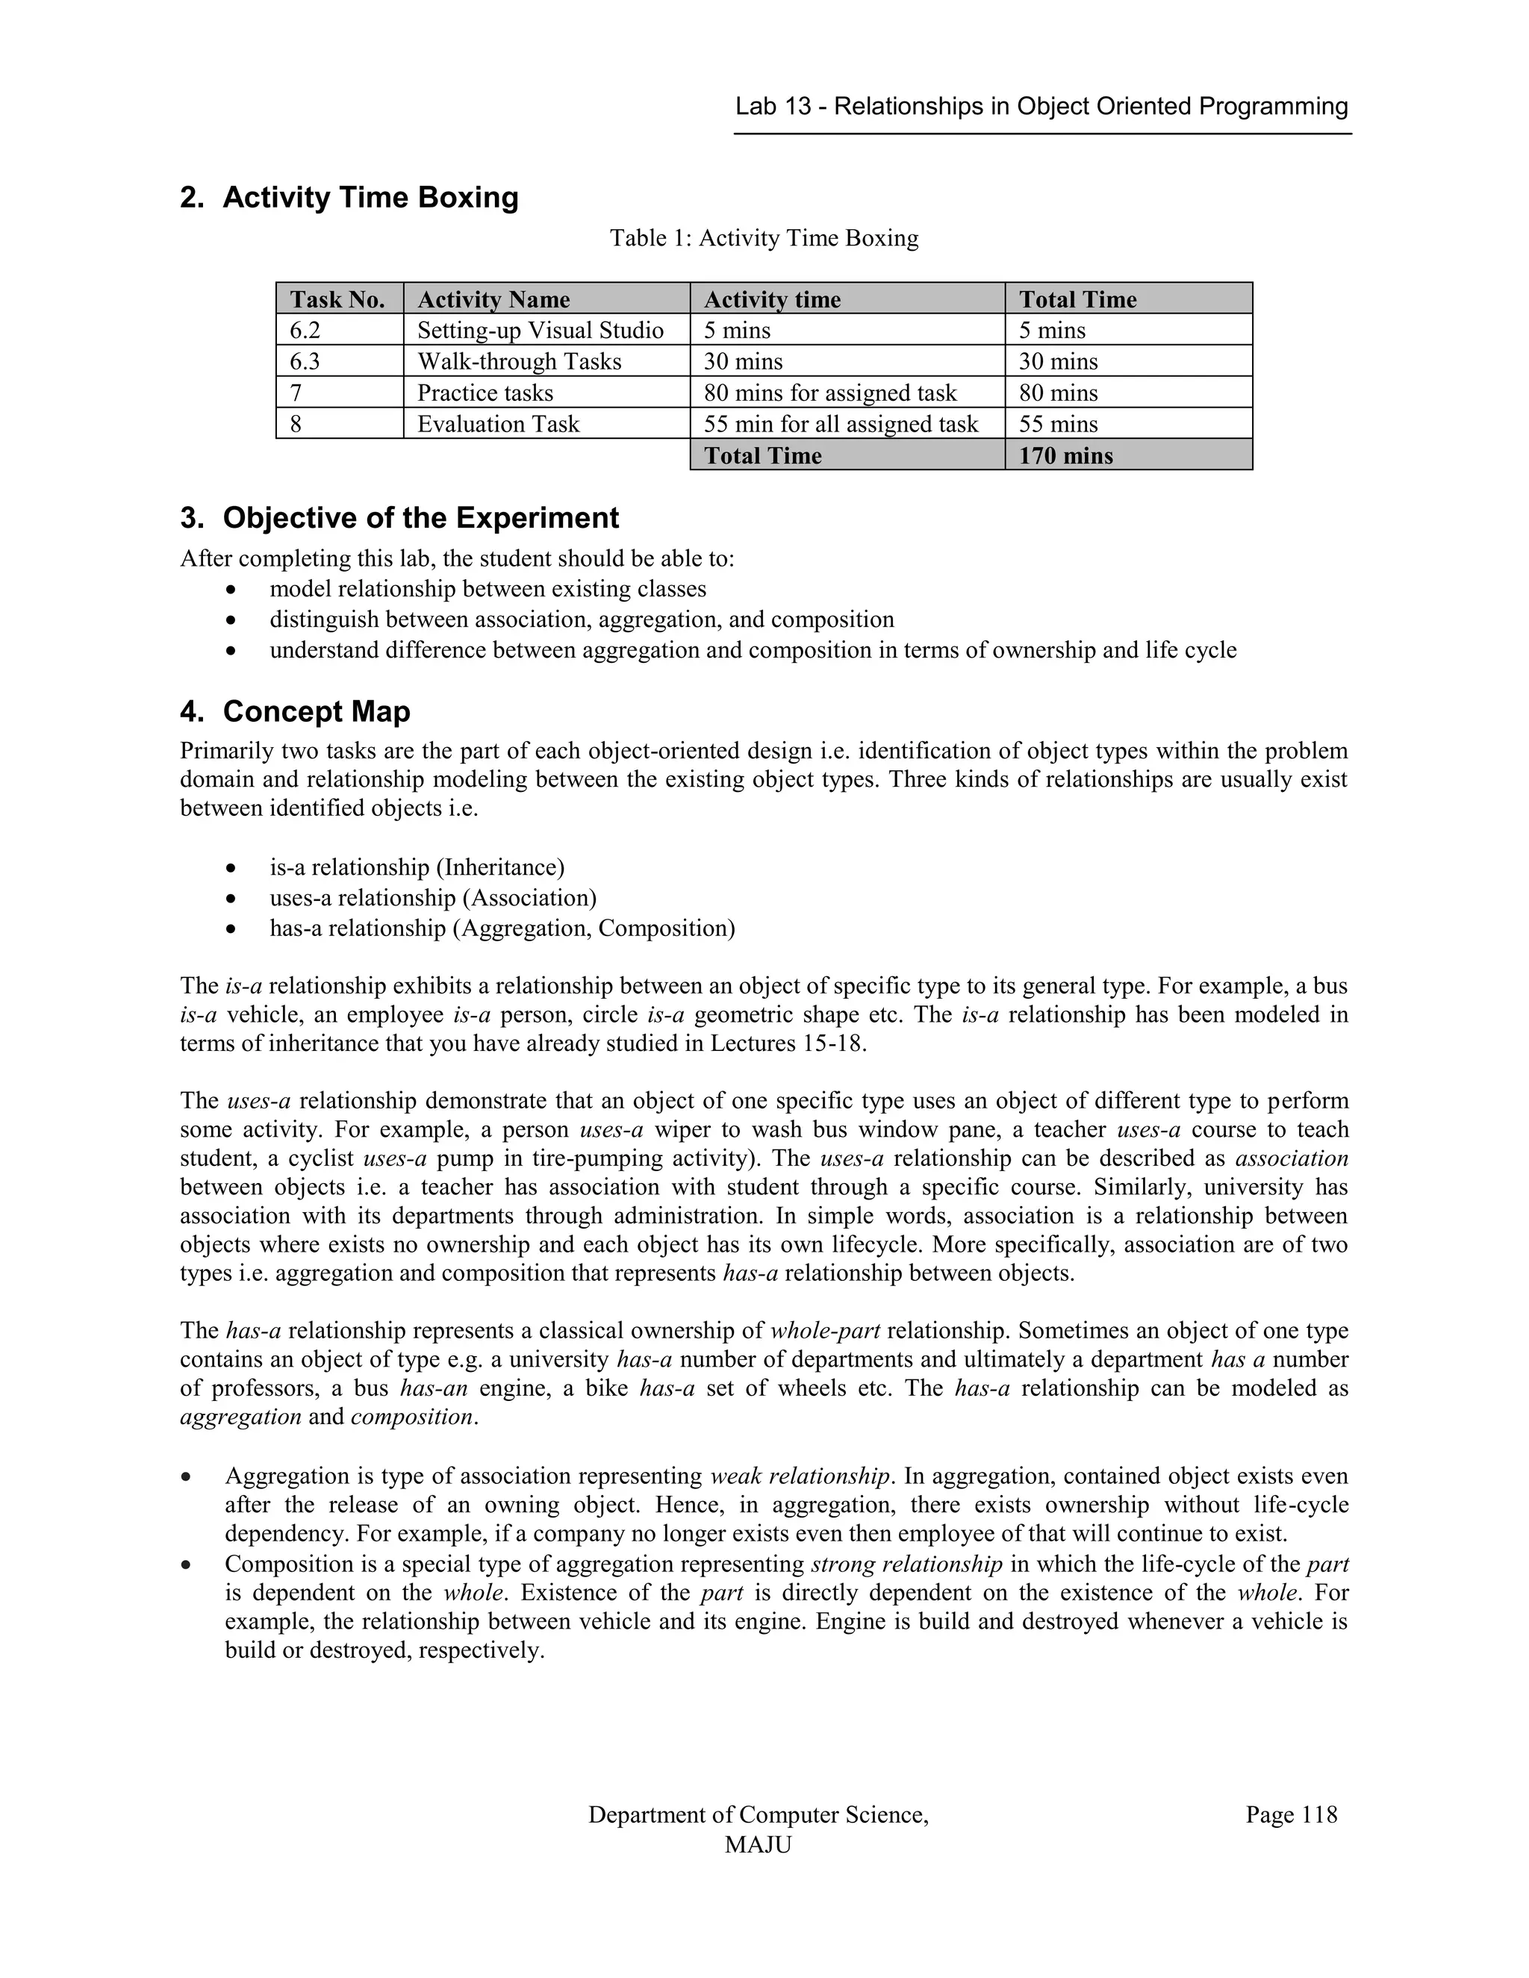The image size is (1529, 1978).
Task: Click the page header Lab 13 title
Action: [x=1041, y=107]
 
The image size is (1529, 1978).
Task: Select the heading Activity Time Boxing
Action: [x=370, y=198]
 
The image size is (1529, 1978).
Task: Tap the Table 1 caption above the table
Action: [x=764, y=238]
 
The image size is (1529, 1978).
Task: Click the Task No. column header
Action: [x=337, y=300]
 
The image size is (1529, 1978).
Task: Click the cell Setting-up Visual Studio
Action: [x=540, y=331]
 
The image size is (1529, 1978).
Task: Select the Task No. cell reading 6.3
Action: [x=305, y=361]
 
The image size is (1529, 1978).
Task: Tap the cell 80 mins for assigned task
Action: [x=829, y=393]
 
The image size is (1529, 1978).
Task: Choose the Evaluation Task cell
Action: [x=497, y=424]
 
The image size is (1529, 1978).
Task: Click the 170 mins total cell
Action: [x=1065, y=455]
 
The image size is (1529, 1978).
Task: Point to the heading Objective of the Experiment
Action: [x=420, y=518]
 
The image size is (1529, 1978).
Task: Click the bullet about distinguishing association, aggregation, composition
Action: [x=582, y=620]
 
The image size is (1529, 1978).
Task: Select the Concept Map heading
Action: [x=316, y=712]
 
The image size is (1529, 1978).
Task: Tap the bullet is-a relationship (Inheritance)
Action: [x=417, y=867]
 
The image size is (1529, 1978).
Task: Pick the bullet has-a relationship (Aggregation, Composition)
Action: [x=502, y=929]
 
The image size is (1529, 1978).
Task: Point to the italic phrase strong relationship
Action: [x=906, y=1564]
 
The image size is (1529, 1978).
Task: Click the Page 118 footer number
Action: [x=1290, y=1815]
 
